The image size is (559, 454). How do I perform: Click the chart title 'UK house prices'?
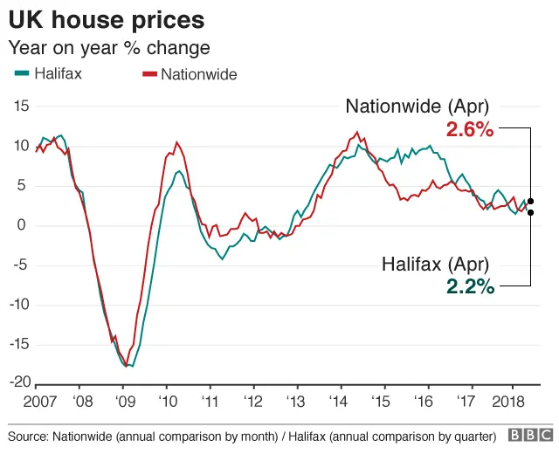[107, 19]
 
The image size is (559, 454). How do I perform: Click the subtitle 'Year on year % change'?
[109, 47]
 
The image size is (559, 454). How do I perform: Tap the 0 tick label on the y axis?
[25, 225]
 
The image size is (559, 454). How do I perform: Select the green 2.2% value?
[470, 285]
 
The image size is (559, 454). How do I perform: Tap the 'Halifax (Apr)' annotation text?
[436, 263]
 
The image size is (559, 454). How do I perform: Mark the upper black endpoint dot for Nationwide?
[530, 201]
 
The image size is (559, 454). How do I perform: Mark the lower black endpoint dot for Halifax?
[530, 212]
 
